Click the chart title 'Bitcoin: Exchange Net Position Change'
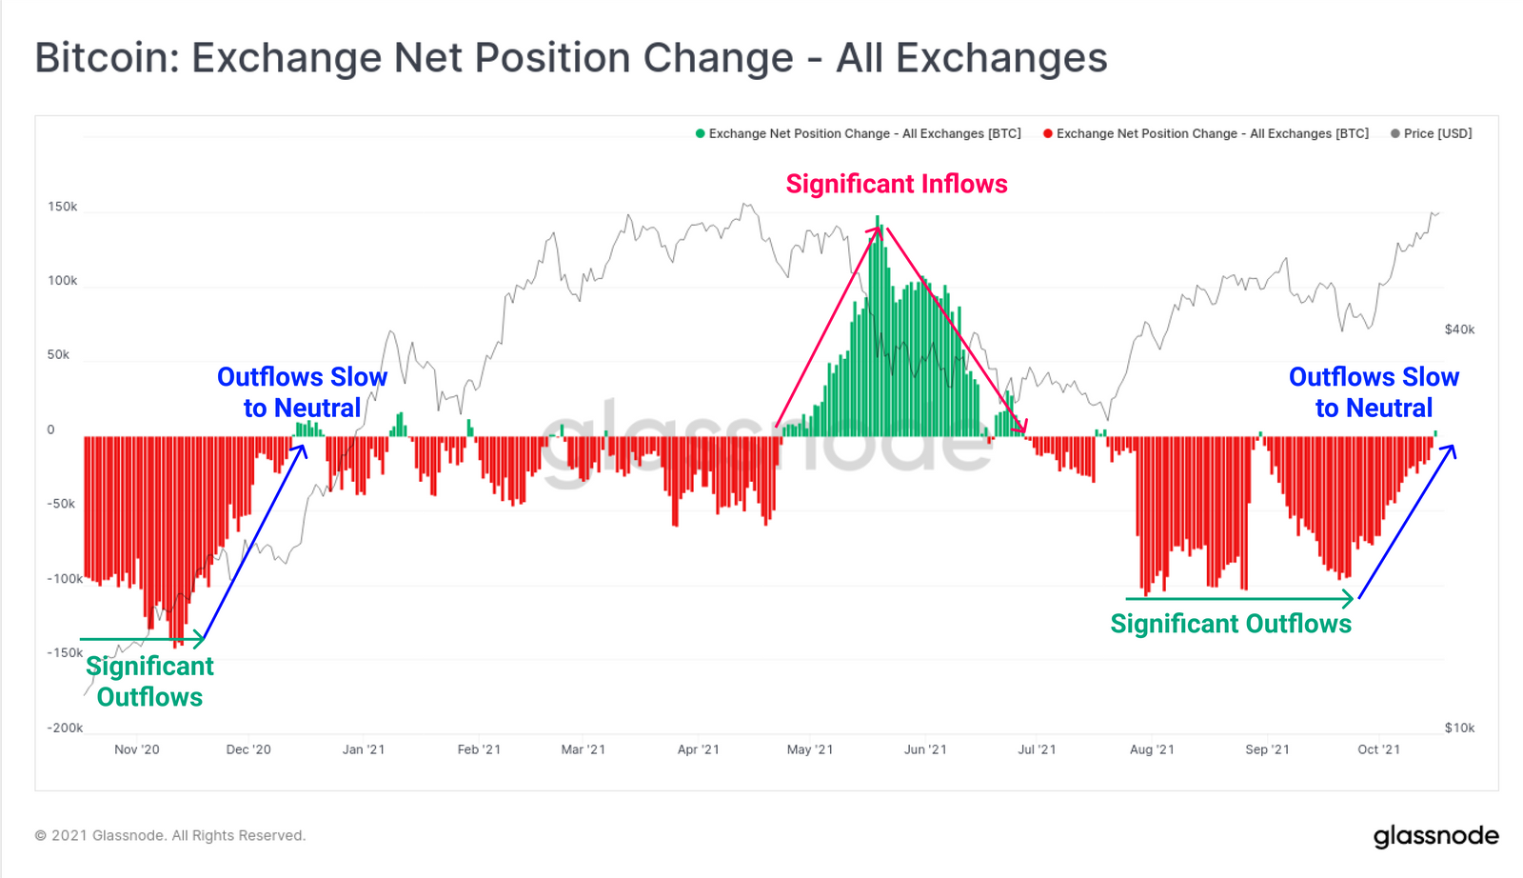click(x=571, y=58)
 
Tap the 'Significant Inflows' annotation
click(x=896, y=184)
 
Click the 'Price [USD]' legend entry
click(x=1437, y=133)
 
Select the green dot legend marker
click(x=701, y=133)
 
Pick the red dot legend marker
click(x=1048, y=133)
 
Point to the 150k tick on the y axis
click(x=63, y=207)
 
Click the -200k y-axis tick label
click(x=65, y=728)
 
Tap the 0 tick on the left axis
click(x=51, y=429)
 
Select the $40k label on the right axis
click(x=1459, y=329)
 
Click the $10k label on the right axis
click(x=1459, y=728)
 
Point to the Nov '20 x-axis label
click(x=137, y=749)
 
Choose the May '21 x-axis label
click(x=810, y=749)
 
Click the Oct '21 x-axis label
click(x=1378, y=749)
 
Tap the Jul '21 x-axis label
click(x=1037, y=749)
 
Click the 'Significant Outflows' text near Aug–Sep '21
click(x=1231, y=624)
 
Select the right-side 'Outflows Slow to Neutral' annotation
click(x=1374, y=392)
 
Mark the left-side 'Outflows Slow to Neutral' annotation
click(x=302, y=392)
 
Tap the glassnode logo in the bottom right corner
click(x=1435, y=836)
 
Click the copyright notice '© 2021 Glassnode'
click(x=170, y=835)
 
